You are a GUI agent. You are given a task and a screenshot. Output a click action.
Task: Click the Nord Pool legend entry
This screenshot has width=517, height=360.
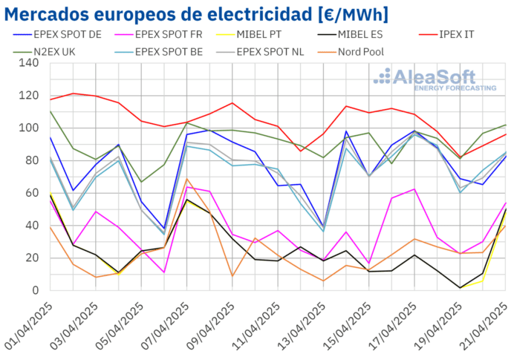tap(380, 52)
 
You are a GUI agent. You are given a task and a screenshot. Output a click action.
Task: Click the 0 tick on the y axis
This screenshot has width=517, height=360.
tap(36, 291)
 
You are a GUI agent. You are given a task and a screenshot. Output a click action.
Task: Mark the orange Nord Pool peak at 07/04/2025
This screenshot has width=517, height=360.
tap(187, 179)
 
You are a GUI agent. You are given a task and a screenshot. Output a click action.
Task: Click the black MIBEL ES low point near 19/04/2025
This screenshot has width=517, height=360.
tap(461, 288)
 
